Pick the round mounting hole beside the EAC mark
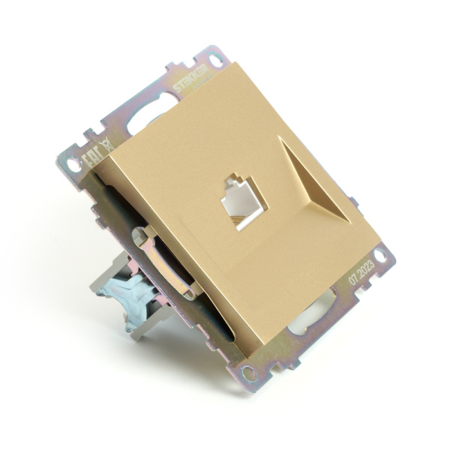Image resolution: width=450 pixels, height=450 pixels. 72,161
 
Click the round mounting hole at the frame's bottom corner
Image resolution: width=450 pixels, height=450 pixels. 248,373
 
